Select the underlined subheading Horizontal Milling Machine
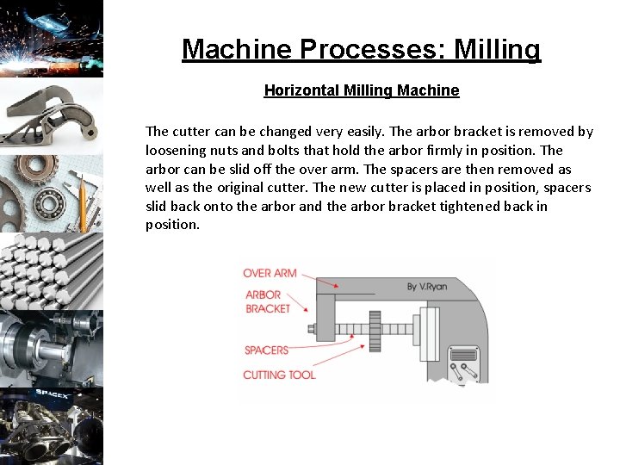tap(361, 90)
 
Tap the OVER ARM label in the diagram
tap(270, 273)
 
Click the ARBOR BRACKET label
tap(267, 301)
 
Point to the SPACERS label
tap(266, 350)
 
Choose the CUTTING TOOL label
tap(279, 375)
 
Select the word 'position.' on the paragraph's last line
tap(172, 225)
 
